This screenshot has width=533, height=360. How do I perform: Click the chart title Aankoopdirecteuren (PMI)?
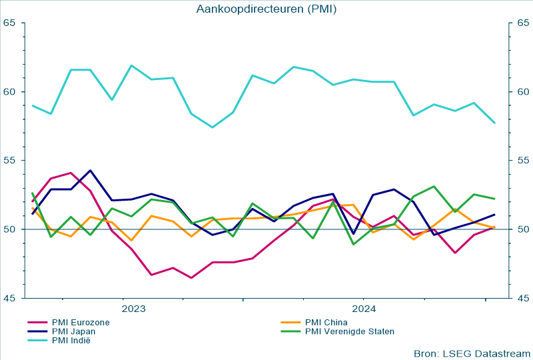coord(266,9)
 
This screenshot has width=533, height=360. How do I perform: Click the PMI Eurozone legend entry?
coord(81,323)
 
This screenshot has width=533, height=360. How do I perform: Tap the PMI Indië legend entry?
coord(71,341)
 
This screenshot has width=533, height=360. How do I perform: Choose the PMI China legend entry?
coord(326,323)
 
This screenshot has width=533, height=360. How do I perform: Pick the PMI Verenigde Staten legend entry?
coord(349,331)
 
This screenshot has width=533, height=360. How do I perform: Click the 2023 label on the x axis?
coord(134,309)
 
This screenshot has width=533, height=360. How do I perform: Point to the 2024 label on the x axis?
coord(364,309)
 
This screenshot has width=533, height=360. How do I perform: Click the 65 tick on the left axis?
coord(9,23)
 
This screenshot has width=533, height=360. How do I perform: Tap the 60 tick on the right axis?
coord(523,91)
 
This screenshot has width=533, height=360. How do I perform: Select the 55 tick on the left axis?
coord(9,160)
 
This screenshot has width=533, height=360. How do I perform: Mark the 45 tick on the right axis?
coord(523,298)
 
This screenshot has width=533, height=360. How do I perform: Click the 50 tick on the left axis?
coord(9,229)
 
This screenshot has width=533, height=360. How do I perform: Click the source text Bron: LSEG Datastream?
coord(472,353)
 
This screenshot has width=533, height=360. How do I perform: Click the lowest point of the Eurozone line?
coord(192,278)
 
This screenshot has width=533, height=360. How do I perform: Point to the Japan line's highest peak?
coord(91,170)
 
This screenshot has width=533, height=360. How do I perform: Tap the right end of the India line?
coord(494,123)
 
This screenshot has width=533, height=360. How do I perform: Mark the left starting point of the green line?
coord(32,193)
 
